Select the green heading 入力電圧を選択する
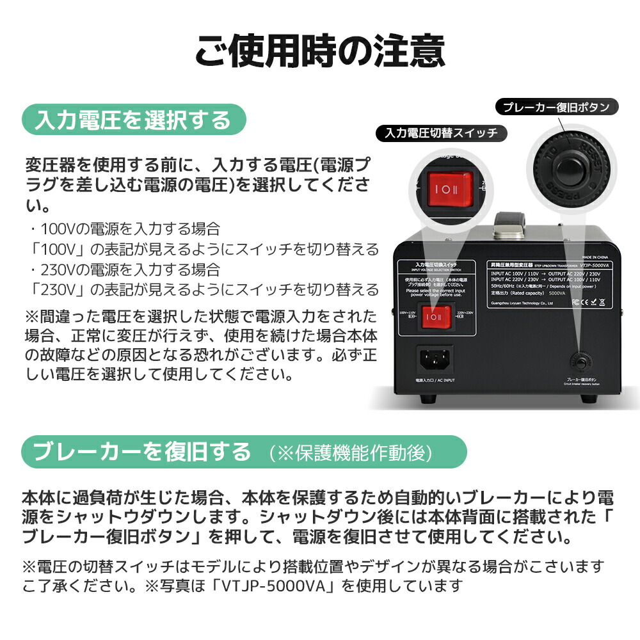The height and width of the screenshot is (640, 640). click(x=134, y=120)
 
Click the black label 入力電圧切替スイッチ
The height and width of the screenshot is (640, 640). click(x=442, y=133)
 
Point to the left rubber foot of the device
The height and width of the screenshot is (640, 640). click(x=427, y=400)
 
